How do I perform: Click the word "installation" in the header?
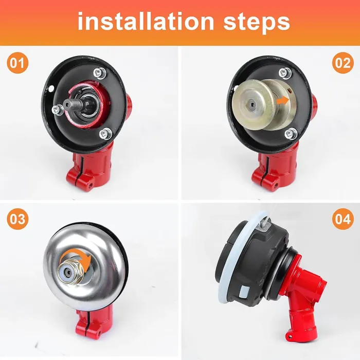[x=146, y=21]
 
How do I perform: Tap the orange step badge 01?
[x=17, y=63]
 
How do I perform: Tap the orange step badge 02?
[x=343, y=63]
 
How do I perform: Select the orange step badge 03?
[x=17, y=219]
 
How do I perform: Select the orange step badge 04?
[x=343, y=219]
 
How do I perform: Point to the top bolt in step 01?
[x=100, y=73]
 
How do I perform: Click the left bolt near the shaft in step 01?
[x=58, y=110]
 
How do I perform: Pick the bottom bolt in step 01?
[x=105, y=133]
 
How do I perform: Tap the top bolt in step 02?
[x=285, y=74]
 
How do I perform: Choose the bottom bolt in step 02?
[x=291, y=134]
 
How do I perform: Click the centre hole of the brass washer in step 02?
[x=253, y=105]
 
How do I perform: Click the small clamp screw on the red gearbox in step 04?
[x=291, y=336]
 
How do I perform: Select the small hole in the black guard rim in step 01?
[x=51, y=87]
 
